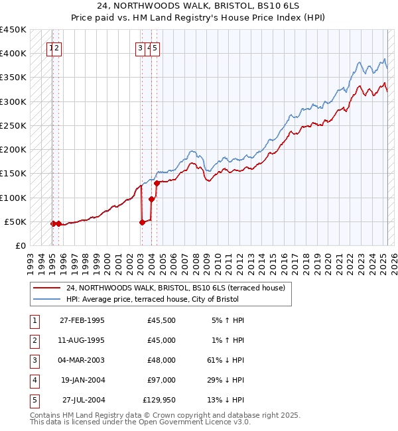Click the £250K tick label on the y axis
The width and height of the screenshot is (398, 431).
coord(13,125)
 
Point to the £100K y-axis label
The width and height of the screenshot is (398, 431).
coord(13,198)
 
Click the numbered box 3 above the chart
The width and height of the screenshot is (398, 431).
coord(140,48)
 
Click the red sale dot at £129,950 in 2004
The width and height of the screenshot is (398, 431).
coord(157,183)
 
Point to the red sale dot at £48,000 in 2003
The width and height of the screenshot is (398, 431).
coord(142,222)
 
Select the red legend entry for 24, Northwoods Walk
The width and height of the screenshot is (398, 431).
coord(175,288)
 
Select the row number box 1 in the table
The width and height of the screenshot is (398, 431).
coord(33,320)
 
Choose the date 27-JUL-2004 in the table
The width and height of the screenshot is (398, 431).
coord(83,400)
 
